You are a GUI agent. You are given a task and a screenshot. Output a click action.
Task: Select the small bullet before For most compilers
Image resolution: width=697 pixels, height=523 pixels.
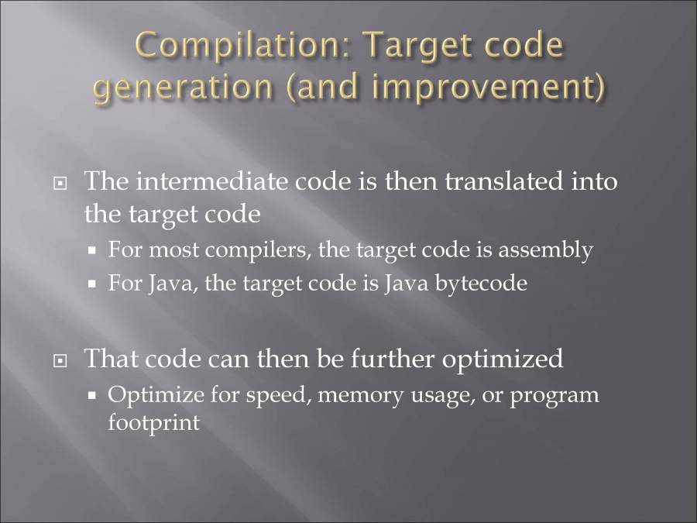91,251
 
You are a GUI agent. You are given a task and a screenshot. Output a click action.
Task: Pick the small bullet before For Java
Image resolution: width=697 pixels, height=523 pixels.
91,284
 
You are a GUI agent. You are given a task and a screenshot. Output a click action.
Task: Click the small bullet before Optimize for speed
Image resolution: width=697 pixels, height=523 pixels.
91,396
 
